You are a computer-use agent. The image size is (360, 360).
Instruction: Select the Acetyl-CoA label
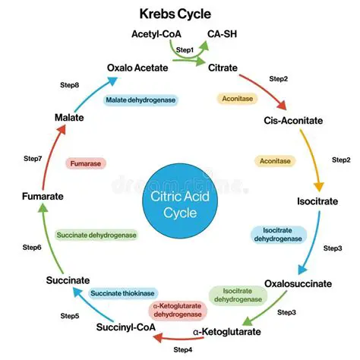tap(157, 35)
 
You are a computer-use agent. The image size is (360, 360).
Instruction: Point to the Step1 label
tap(185, 49)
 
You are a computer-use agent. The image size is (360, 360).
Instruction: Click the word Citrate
tap(224, 68)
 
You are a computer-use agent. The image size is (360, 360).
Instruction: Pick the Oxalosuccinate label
tap(298, 283)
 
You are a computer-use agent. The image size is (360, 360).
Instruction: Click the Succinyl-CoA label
tap(126, 328)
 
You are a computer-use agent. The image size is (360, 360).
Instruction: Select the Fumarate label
tap(42, 196)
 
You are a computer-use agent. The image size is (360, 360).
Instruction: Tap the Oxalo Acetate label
tap(138, 68)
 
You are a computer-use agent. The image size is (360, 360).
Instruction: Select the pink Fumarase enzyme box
tap(84, 163)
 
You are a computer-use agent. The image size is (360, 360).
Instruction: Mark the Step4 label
tap(183, 349)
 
